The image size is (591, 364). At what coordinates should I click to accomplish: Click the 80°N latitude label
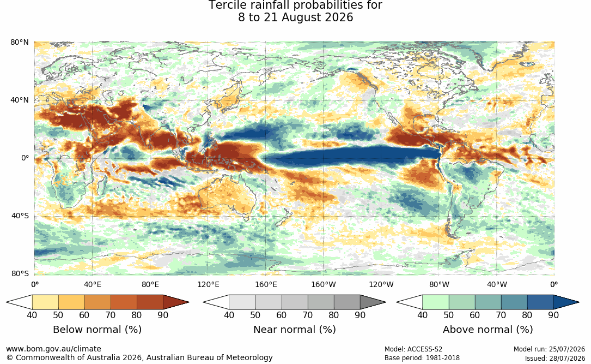pyautogui.click(x=20, y=42)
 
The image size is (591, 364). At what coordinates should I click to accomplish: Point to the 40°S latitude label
pyautogui.click(x=20, y=216)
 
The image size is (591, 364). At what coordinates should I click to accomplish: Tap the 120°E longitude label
pyautogui.click(x=208, y=284)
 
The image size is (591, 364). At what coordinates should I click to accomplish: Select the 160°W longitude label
pyautogui.click(x=324, y=284)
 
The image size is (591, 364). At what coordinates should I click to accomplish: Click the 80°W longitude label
pyautogui.click(x=439, y=284)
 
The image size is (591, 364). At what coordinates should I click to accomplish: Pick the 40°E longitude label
pyautogui.click(x=93, y=284)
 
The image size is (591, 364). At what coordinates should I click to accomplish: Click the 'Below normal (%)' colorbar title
pyautogui.click(x=98, y=330)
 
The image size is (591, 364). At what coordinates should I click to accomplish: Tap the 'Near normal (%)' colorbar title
pyautogui.click(x=294, y=330)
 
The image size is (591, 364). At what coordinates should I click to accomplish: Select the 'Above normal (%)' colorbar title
pyautogui.click(x=488, y=330)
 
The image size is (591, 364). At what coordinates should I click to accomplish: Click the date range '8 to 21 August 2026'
pyautogui.click(x=295, y=17)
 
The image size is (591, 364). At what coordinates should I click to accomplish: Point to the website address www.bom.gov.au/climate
pyautogui.click(x=53, y=349)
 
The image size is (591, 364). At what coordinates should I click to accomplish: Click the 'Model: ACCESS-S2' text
pyautogui.click(x=413, y=349)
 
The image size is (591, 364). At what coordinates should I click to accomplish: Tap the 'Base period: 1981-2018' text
pyautogui.click(x=422, y=358)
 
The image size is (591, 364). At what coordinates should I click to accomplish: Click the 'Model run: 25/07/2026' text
pyautogui.click(x=549, y=349)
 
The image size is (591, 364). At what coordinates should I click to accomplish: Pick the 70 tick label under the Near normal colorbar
pyautogui.click(x=308, y=315)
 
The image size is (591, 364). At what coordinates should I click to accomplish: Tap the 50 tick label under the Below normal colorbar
pyautogui.click(x=58, y=315)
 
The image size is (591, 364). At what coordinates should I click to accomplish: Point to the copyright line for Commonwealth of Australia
pyautogui.click(x=139, y=357)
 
